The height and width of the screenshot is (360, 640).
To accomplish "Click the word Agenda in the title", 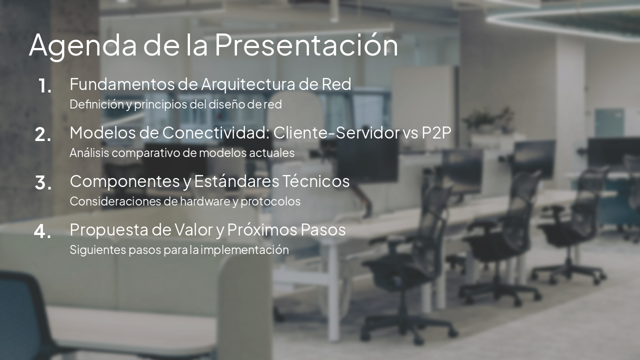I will [82, 45].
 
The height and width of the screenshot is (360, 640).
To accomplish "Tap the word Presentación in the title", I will [306, 45].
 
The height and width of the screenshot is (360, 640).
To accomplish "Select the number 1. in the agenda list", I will [45, 86].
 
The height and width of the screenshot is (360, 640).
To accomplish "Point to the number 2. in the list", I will [43, 134].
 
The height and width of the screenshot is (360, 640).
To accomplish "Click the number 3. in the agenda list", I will [43, 183].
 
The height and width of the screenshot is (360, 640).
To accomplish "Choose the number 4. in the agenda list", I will [43, 231].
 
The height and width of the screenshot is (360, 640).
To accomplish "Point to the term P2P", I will [437, 133].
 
